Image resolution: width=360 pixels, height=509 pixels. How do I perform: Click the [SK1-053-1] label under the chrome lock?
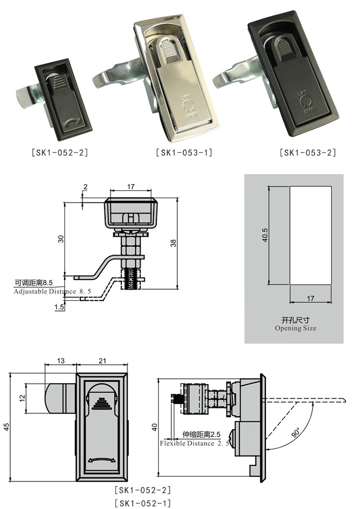(184, 153)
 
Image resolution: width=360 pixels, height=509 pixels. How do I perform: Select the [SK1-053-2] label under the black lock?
(308, 153)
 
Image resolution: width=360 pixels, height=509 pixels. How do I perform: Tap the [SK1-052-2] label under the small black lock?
(60, 153)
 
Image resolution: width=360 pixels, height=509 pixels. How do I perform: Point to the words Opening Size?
(295, 328)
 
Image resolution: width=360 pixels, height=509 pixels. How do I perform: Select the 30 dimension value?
(61, 238)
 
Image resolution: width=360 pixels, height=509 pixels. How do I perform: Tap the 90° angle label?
(295, 432)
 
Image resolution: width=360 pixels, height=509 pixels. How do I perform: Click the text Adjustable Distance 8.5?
(52, 291)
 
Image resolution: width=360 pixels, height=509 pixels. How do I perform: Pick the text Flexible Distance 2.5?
(194, 443)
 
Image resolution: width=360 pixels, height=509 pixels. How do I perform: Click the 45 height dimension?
(7, 427)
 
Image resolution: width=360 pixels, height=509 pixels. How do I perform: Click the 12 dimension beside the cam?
(22, 398)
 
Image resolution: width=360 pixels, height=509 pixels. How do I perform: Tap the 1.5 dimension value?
(60, 307)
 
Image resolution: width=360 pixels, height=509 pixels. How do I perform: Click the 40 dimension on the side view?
(154, 426)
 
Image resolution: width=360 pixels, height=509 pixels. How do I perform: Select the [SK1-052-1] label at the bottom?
(143, 502)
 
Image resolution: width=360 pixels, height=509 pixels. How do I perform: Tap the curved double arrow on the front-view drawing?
(102, 461)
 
